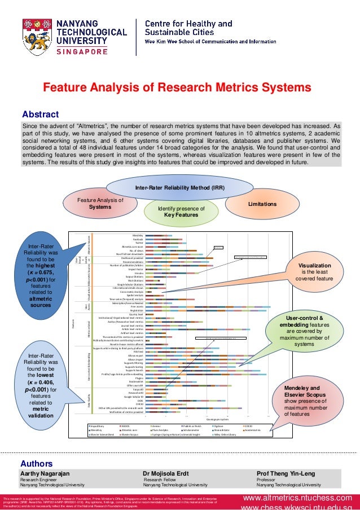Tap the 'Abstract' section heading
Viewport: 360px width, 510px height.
coord(40,111)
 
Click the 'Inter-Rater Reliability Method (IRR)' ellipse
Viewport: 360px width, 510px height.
coord(179,187)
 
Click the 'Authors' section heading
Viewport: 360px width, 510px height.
coord(37,463)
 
